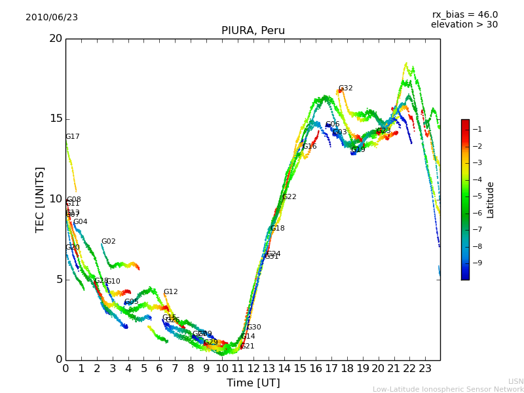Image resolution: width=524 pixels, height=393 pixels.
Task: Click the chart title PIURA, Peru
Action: pos(253,31)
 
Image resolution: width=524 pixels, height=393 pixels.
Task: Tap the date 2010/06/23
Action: pos(52,18)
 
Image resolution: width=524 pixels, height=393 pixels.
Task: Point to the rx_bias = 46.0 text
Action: pos(464,15)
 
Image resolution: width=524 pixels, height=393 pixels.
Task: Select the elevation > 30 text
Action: pos(464,25)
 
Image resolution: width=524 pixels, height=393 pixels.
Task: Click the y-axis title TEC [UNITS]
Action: pos(41,199)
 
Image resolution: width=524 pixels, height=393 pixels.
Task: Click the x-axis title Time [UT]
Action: pos(253,383)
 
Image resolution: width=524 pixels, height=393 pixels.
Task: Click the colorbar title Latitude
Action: pos(491,200)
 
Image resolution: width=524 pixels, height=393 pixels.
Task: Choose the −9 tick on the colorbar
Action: pos(478,263)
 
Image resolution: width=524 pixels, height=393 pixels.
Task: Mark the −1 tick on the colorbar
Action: pos(478,129)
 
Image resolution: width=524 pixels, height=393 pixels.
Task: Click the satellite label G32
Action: pos(345,88)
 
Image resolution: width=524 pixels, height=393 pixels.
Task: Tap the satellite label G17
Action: pos(72,137)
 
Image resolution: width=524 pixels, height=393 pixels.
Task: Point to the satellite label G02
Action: pos(108,242)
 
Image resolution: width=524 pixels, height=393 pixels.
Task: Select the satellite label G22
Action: pos(289,197)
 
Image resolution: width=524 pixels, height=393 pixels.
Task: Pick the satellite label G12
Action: pos(170,292)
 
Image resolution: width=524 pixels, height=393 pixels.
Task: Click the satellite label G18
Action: pos(277,229)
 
